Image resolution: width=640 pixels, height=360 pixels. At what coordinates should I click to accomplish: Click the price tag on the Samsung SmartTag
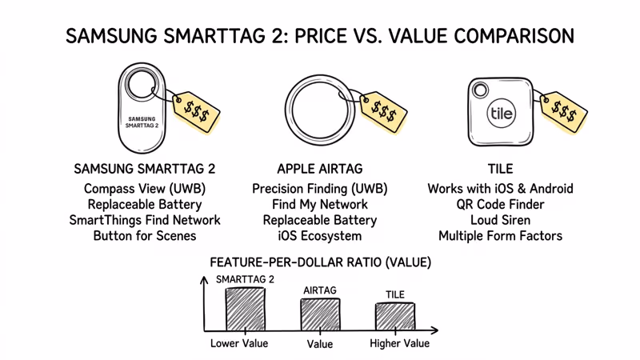point(197,110)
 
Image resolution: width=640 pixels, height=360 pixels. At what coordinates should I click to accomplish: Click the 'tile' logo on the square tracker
point(502,114)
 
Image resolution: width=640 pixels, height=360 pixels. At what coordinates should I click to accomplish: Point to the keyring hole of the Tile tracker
point(480,87)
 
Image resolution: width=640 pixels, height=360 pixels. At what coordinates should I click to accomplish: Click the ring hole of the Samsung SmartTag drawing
point(143,85)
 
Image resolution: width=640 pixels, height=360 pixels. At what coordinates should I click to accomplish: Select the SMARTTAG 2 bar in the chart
point(245,308)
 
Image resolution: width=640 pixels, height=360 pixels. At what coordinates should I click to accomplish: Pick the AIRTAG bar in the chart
point(320,314)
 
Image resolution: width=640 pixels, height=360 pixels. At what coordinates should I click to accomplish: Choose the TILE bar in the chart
point(395,316)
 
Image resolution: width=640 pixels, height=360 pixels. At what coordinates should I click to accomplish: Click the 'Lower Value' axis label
point(239,343)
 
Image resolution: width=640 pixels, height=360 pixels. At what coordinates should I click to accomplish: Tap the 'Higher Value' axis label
point(399,343)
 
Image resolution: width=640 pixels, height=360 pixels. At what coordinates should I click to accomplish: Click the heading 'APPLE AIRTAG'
point(320,169)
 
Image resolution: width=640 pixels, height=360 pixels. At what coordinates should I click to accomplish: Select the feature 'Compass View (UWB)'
point(145,189)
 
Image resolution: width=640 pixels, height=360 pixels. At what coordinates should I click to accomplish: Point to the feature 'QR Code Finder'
point(500,205)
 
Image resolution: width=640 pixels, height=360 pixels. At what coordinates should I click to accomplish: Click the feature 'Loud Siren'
point(500,220)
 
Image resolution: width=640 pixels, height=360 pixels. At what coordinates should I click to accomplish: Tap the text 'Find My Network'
point(320,205)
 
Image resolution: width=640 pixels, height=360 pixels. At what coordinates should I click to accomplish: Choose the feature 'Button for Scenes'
point(145,236)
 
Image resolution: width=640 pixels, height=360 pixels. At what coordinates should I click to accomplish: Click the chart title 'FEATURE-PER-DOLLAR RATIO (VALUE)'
point(320,262)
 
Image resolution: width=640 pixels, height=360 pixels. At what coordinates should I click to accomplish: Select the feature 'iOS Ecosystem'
point(320,236)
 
